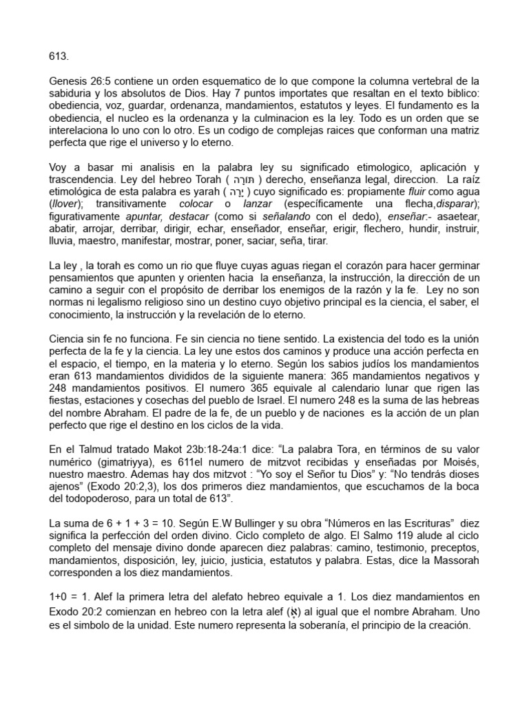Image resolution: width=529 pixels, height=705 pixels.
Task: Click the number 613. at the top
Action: coord(59,56)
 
